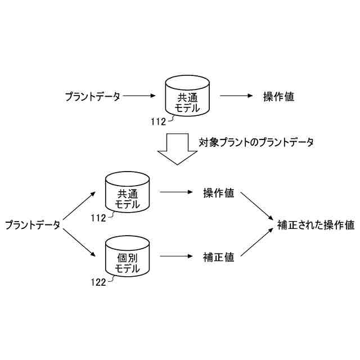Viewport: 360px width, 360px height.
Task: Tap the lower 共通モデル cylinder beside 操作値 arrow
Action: (x=128, y=193)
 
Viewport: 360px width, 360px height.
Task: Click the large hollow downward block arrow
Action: (x=177, y=148)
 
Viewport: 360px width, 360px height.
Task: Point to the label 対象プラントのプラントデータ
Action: (x=256, y=142)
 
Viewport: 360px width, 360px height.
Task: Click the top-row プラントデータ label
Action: (x=92, y=97)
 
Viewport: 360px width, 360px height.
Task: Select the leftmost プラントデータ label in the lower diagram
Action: (x=32, y=225)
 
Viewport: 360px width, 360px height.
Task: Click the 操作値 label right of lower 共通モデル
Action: (x=219, y=193)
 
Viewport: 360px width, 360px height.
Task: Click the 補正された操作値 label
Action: (x=316, y=225)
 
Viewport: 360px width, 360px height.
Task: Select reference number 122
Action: (x=97, y=282)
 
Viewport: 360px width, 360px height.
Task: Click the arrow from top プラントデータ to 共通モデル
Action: (x=139, y=97)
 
